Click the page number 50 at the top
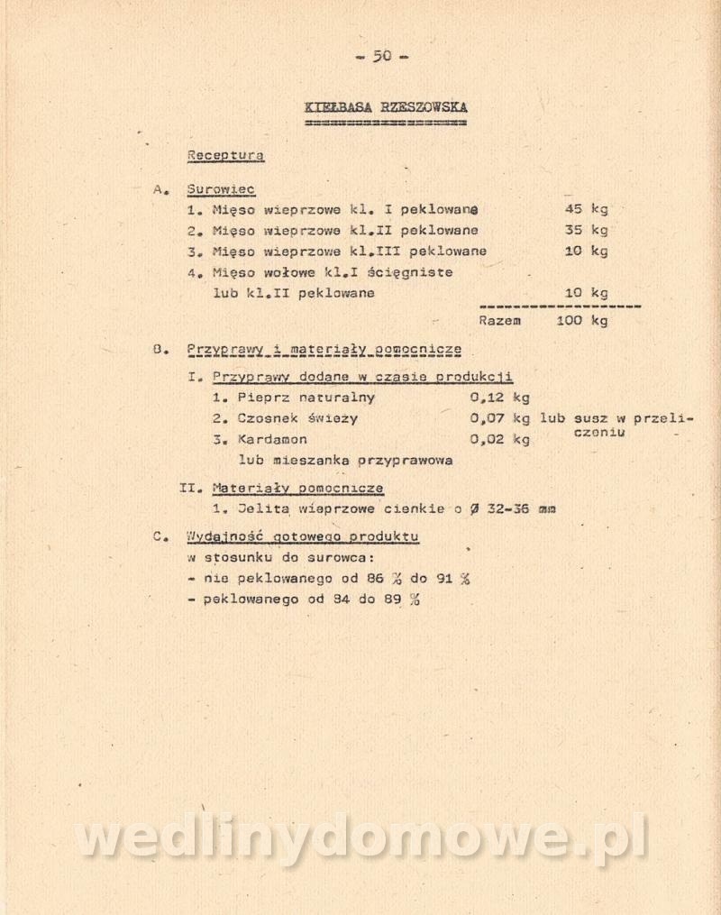tap(381, 56)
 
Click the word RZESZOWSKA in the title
tap(424, 106)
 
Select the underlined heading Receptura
tap(225, 155)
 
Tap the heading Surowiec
tap(221, 189)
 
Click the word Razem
tap(500, 320)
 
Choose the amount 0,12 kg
tap(499, 398)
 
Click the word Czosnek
tap(268, 418)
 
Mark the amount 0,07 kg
tap(499, 418)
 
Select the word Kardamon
tap(272, 440)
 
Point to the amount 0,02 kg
tap(499, 440)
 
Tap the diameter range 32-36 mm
tap(520, 509)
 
